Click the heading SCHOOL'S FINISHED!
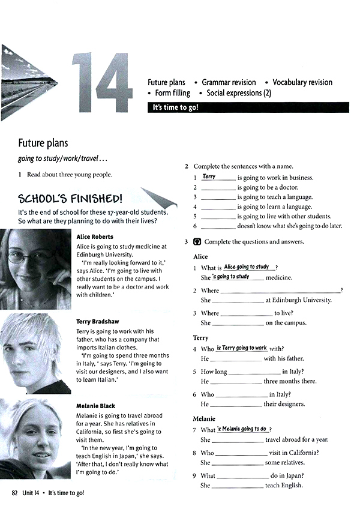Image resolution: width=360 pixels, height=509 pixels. pyautogui.click(x=70, y=199)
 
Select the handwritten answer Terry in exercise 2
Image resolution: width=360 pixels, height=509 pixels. pyautogui.click(x=209, y=176)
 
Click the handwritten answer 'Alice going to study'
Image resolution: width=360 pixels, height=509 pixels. pyautogui.click(x=246, y=267)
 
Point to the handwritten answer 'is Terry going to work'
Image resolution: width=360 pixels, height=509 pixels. pyautogui.click(x=241, y=348)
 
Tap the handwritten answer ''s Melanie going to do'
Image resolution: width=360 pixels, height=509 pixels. pyautogui.click(x=242, y=429)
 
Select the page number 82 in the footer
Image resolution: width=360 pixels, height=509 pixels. pyautogui.click(x=16, y=492)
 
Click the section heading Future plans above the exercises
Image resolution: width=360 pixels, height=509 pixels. pyautogui.click(x=43, y=143)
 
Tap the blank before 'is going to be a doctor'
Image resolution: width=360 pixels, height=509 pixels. pyautogui.click(x=218, y=188)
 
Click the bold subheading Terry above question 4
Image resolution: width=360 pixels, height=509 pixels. pyautogui.click(x=200, y=338)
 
